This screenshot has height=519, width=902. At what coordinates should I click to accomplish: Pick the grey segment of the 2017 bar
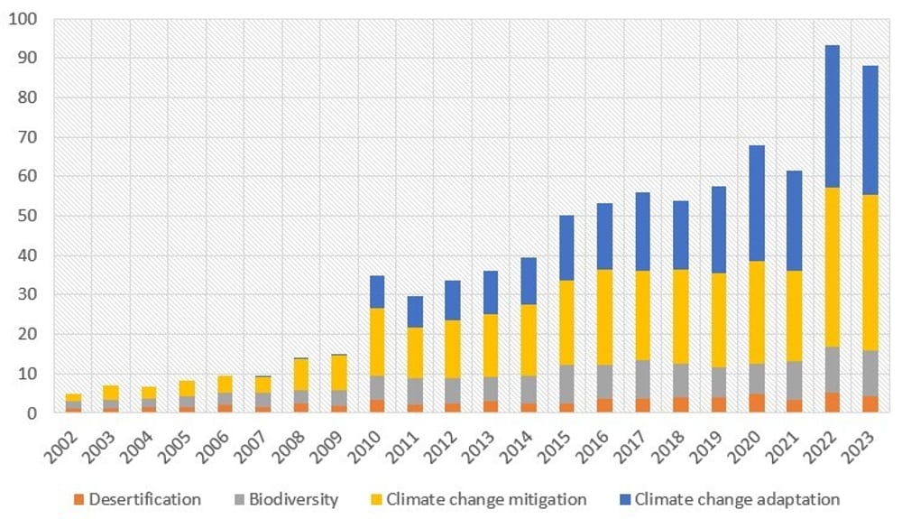pos(642,379)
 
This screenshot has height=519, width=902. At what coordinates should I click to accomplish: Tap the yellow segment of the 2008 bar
pos(300,375)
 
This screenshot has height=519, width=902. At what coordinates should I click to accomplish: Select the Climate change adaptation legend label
pos(737,499)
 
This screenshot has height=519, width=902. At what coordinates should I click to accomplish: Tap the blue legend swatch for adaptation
pos(625,499)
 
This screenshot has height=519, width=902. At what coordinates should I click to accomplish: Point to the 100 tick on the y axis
pos(24,19)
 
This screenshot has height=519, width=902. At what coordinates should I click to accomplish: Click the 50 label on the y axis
pos(29,216)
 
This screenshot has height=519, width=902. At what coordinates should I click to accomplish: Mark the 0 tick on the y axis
pos(34,413)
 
